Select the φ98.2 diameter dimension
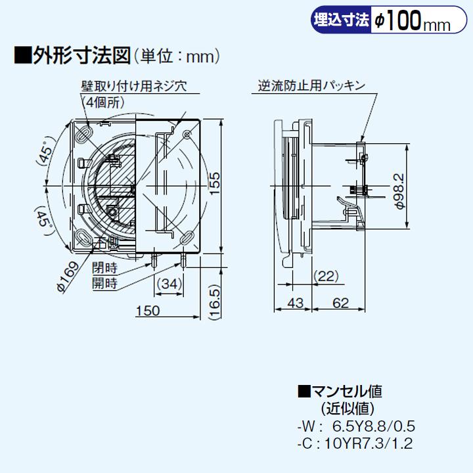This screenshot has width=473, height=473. click(399, 191)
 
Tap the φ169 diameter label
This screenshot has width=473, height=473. click(68, 275)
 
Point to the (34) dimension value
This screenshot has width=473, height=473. click(170, 284)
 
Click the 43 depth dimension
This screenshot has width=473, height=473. click(297, 304)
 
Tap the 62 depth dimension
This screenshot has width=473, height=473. click(340, 304)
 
